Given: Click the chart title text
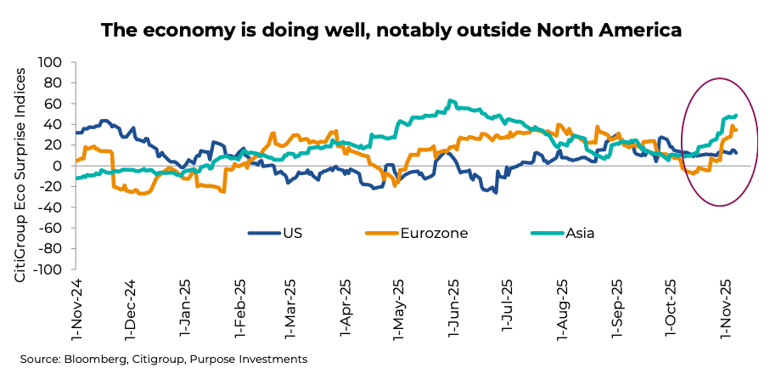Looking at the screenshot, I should [390, 31].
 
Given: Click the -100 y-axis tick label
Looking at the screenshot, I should [48, 269].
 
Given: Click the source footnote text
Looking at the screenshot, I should [164, 360].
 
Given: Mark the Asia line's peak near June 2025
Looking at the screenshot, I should [452, 100].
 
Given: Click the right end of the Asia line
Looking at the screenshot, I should [736, 115].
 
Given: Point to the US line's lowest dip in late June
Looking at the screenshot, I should [496, 192].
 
